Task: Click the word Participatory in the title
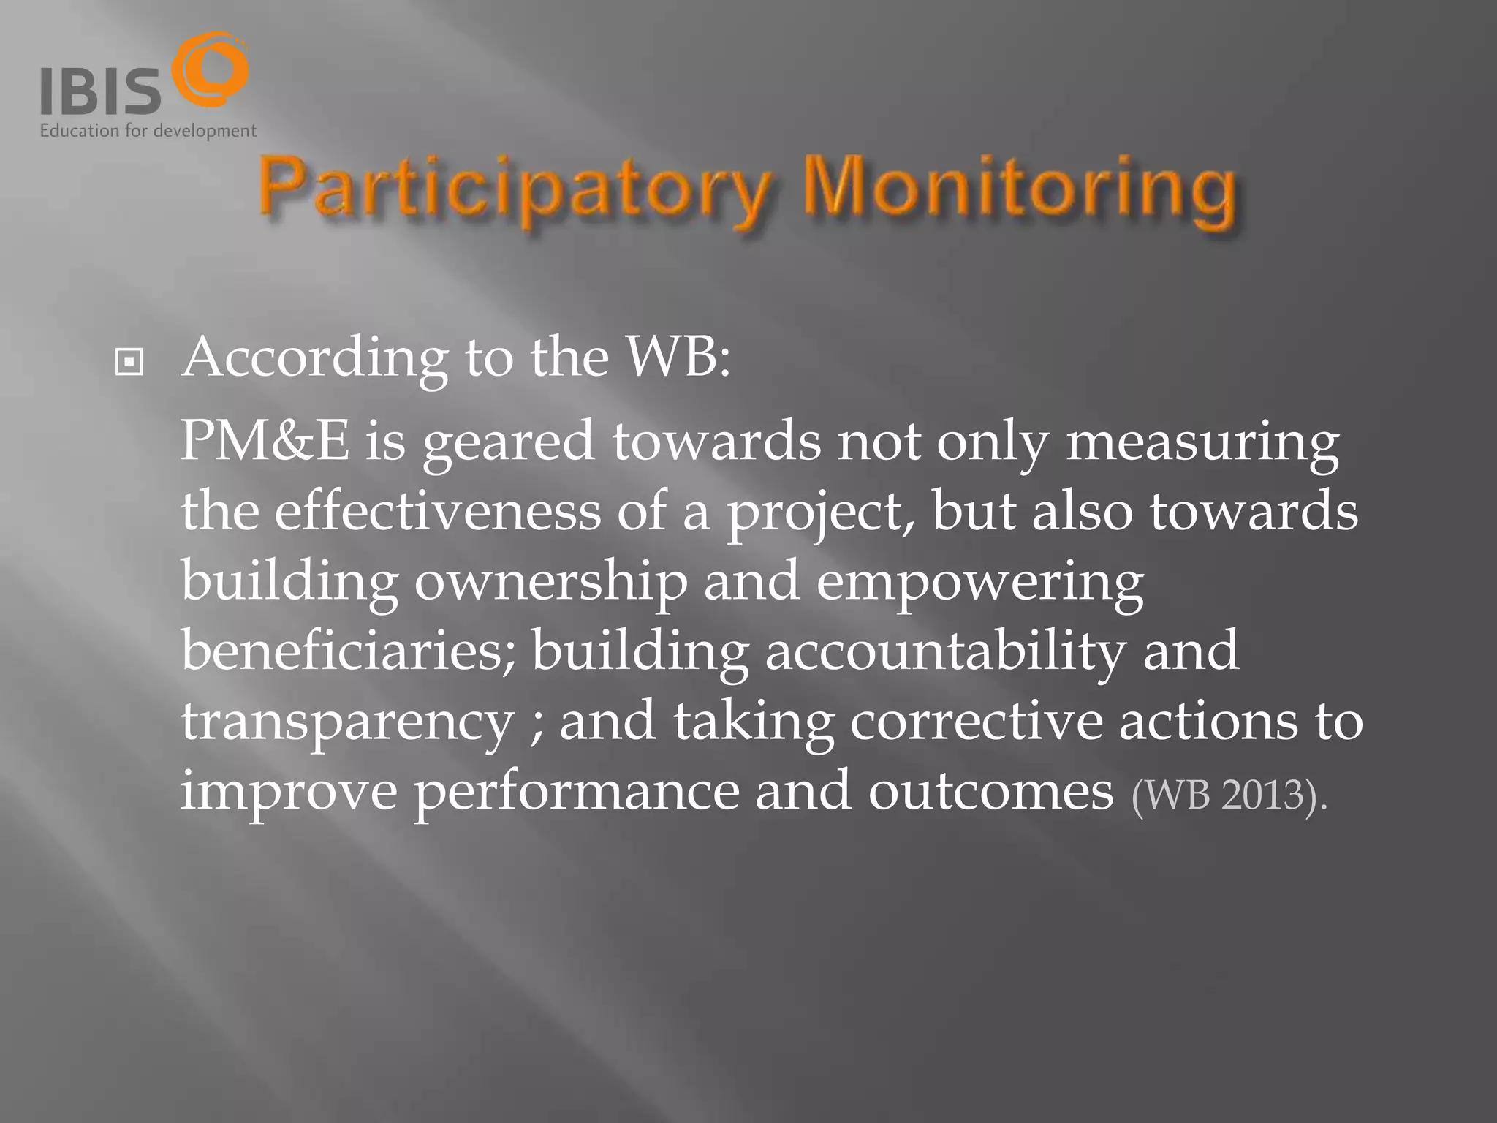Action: pos(512,192)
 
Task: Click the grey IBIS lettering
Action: pos(100,91)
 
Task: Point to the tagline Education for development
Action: pos(148,132)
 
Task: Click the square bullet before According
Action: pos(129,362)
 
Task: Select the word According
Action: pos(315,358)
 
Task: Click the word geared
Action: pos(508,443)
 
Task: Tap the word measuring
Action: pos(1202,443)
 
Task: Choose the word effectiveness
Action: pos(437,511)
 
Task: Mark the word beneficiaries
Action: pos(348,650)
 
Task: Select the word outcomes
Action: pos(990,791)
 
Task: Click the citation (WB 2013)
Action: pos(1229,795)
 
